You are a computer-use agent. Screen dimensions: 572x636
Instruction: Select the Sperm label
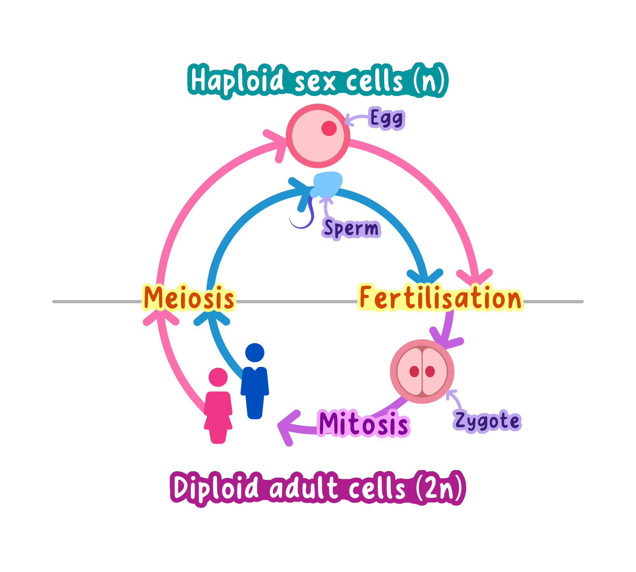click(351, 228)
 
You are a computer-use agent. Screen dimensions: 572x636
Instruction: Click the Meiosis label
click(189, 298)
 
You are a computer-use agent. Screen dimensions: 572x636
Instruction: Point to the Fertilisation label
click(440, 298)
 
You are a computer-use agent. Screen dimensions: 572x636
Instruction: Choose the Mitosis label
click(363, 423)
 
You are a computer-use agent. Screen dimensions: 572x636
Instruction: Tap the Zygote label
click(487, 421)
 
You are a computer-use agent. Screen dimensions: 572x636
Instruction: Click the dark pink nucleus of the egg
click(329, 128)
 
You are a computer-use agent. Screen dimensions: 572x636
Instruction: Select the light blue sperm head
click(328, 184)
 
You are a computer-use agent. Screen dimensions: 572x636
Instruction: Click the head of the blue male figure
click(255, 352)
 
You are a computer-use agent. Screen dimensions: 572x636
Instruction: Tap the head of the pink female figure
click(218, 377)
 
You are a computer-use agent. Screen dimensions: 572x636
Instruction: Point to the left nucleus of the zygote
click(414, 371)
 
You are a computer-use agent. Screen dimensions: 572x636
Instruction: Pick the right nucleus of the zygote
click(430, 371)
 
